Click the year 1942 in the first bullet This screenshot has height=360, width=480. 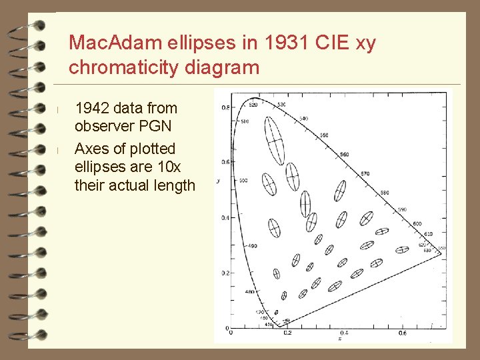tap(93, 108)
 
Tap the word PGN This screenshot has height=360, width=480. tap(157, 127)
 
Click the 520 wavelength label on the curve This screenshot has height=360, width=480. tap(253, 105)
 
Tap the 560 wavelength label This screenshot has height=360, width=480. tap(344, 155)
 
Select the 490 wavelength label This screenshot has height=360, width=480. tap(253, 246)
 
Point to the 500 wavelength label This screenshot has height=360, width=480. tap(243, 181)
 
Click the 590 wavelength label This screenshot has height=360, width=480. tap(401, 209)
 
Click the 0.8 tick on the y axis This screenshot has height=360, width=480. tap(226, 107)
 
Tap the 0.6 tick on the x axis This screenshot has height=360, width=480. tap(403, 332)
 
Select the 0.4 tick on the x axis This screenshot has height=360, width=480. tap(344, 332)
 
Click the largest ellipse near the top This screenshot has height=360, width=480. tap(274, 141)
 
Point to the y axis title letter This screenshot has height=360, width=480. tap(218, 181)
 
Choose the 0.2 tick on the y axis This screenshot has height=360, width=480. tap(226, 273)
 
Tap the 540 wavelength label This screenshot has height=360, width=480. tap(303, 119)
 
